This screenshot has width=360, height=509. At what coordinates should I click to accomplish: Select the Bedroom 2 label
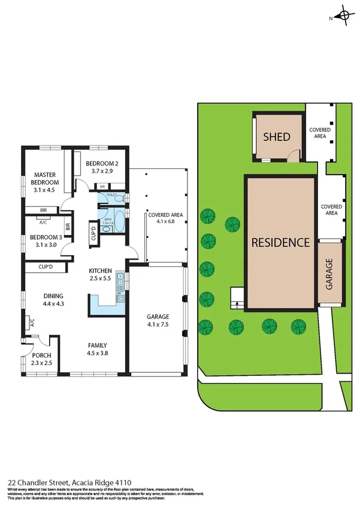[x=102, y=164]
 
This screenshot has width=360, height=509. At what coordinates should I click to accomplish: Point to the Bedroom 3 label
[x=46, y=237]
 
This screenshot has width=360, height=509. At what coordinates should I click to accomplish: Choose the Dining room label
[x=54, y=296]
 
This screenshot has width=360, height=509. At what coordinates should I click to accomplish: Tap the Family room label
[x=98, y=345]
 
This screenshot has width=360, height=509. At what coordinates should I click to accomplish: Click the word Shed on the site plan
[x=277, y=137]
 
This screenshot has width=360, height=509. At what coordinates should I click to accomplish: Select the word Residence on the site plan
[x=280, y=243]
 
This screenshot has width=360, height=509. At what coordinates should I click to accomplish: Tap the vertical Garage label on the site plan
[x=329, y=274]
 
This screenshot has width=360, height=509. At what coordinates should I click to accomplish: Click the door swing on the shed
[x=292, y=156]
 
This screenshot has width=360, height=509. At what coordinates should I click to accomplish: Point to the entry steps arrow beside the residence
[x=237, y=303]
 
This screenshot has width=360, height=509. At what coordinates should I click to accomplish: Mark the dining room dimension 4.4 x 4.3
[x=54, y=303]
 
